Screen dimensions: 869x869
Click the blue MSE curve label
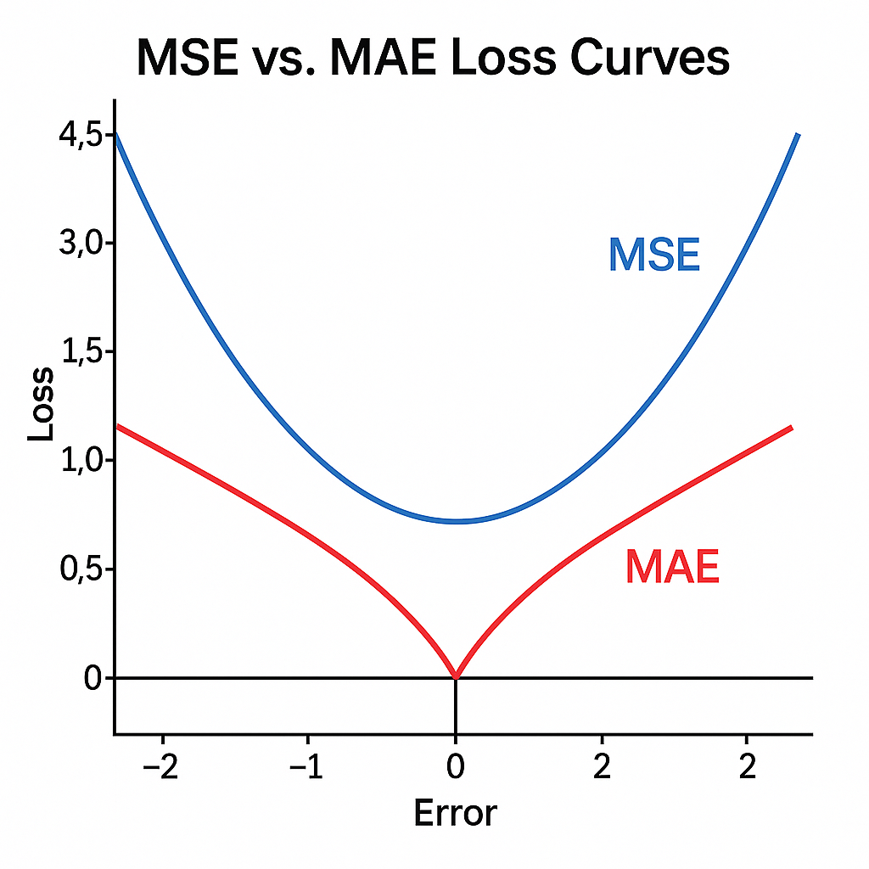coord(654,255)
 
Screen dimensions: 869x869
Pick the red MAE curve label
coord(672,567)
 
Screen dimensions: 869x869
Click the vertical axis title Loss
coord(41,403)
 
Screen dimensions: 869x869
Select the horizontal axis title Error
coord(455,812)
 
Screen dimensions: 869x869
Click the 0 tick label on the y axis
coord(93,678)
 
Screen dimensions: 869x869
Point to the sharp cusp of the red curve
coord(456,676)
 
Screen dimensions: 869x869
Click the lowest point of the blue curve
coord(456,521)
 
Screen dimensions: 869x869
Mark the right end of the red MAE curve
coord(791,428)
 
